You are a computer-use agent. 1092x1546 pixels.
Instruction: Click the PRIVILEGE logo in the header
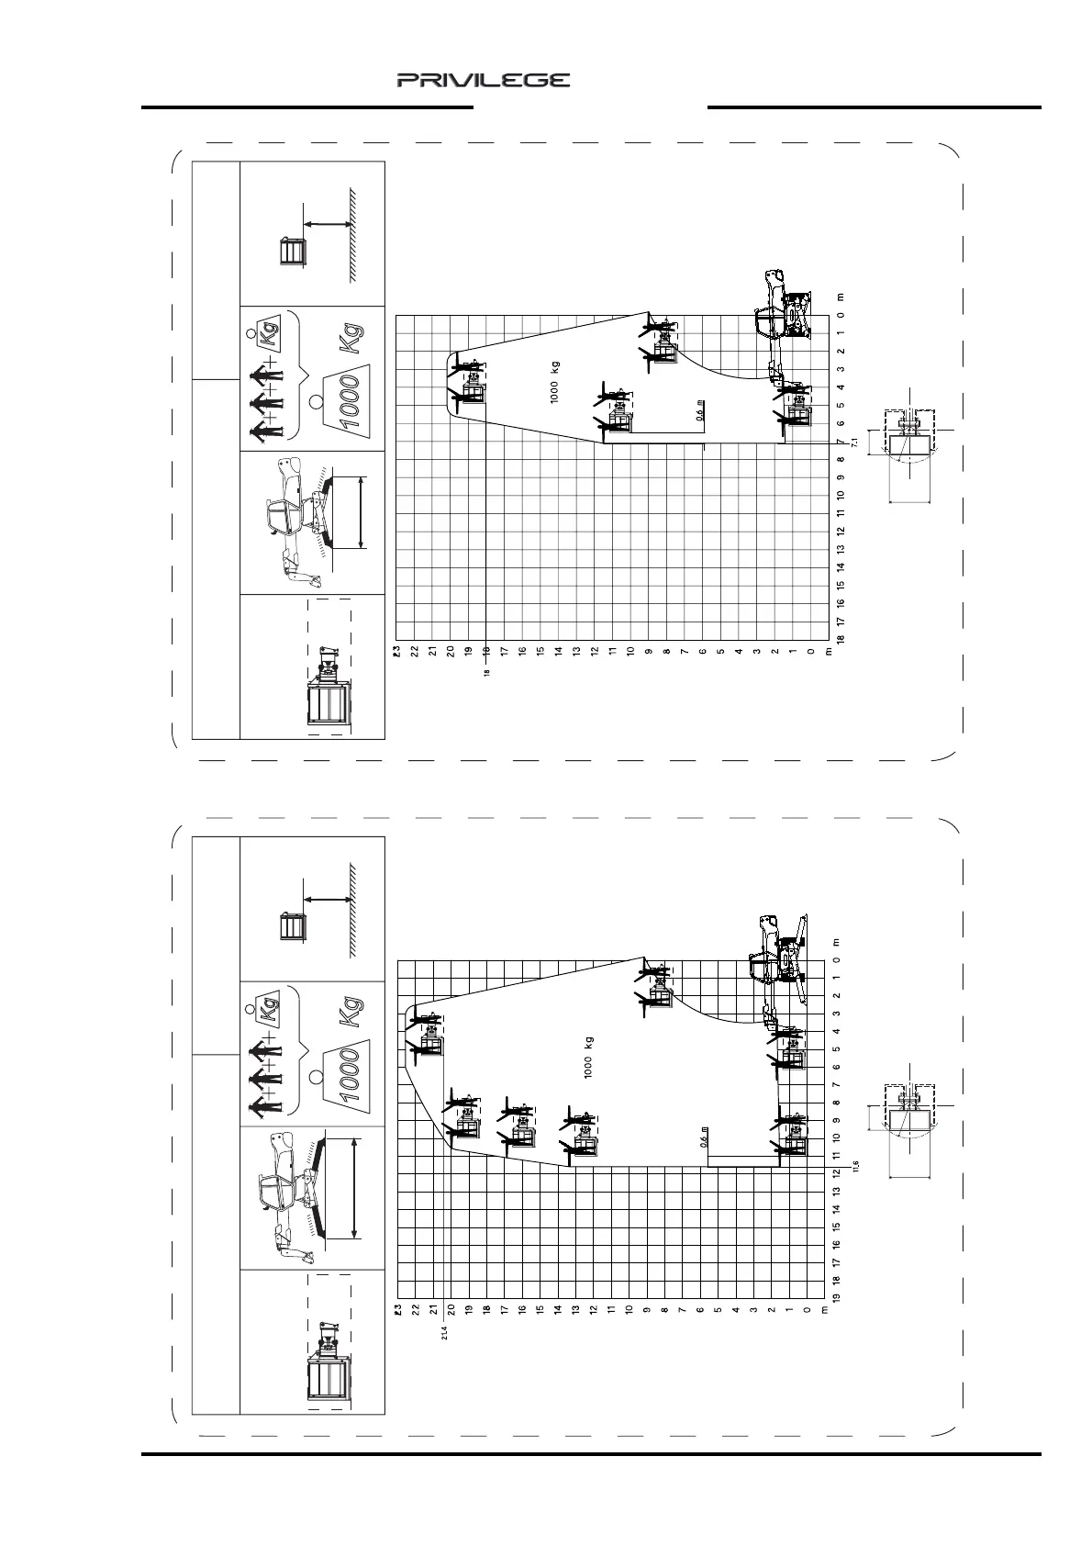pyautogui.click(x=483, y=81)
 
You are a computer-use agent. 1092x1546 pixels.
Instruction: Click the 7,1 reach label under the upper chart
pyautogui.click(x=854, y=443)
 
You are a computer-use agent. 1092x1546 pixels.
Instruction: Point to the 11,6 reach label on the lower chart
pyautogui.click(x=855, y=1164)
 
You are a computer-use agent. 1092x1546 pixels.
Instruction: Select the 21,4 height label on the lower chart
pyautogui.click(x=444, y=1332)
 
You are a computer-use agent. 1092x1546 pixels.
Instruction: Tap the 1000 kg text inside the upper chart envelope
pyautogui.click(x=554, y=382)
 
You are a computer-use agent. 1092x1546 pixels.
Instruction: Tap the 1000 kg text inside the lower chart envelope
pyautogui.click(x=588, y=1057)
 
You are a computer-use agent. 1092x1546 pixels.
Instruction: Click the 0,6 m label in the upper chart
pyautogui.click(x=700, y=410)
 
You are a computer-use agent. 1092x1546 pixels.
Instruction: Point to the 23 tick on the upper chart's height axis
pyautogui.click(x=397, y=651)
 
